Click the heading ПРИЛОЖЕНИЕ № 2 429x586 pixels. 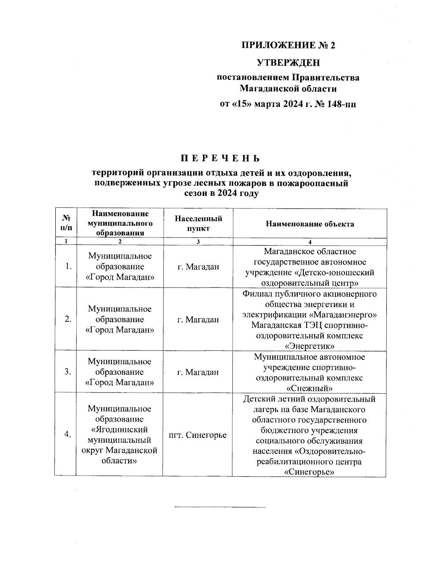tap(289, 45)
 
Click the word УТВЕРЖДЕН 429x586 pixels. tap(289, 63)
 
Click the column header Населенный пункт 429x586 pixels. tap(198, 223)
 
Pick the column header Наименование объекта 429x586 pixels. tap(310, 224)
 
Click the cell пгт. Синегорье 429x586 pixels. tap(198, 435)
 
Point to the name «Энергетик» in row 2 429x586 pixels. tap(310, 346)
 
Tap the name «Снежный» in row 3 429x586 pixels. tap(310, 388)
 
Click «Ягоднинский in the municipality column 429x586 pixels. tap(120, 429)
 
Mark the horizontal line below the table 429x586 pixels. tap(220, 507)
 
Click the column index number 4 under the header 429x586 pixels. tap(310, 241)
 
